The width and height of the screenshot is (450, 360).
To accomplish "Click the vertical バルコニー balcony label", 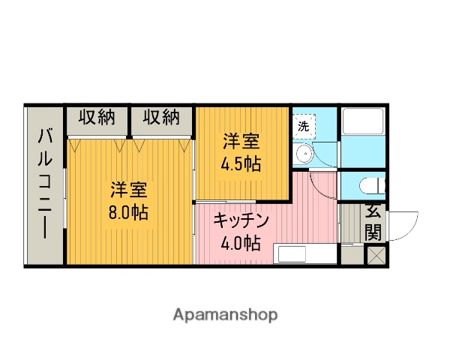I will [46, 184].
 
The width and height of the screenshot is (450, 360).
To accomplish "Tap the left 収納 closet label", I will [97, 118].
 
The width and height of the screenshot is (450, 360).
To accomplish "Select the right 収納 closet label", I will [162, 118].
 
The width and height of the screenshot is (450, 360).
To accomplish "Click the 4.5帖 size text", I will [241, 163].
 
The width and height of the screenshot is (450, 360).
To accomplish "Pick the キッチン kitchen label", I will [241, 220].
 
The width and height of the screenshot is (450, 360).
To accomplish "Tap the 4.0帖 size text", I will [241, 243].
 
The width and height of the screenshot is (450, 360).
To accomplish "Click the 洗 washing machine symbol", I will [304, 126].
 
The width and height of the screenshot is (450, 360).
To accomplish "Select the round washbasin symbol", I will [303, 154].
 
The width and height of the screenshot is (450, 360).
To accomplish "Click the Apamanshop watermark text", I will [225, 314].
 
